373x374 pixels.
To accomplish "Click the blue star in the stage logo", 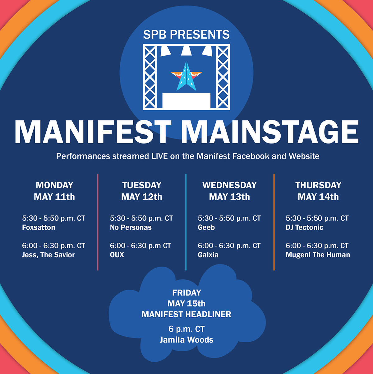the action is pos(186,78).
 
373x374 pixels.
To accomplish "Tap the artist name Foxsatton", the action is pos(39,227).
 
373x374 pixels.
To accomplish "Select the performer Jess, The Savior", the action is pos(48,255).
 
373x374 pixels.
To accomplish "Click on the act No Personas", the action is pos(131,227).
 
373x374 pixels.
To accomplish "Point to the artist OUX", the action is pos(117,255).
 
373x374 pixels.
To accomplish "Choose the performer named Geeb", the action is pos(206,227).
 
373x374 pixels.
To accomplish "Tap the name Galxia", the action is pos(208,255).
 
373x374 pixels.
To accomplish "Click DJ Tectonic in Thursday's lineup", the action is pos(304,227).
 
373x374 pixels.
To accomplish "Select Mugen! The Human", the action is pos(318,255).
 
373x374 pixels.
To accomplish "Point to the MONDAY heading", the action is pos(54,185).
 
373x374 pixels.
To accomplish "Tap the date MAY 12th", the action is pos(142,197).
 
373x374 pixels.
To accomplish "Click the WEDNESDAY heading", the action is pos(229,185).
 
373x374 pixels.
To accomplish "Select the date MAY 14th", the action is pos(318,197).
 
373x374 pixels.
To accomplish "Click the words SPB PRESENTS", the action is pos(186,34).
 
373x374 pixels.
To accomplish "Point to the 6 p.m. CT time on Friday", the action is pos(186,329).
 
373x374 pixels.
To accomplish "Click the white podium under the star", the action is pos(186,100).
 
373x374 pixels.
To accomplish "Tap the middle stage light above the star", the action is pos(186,50).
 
